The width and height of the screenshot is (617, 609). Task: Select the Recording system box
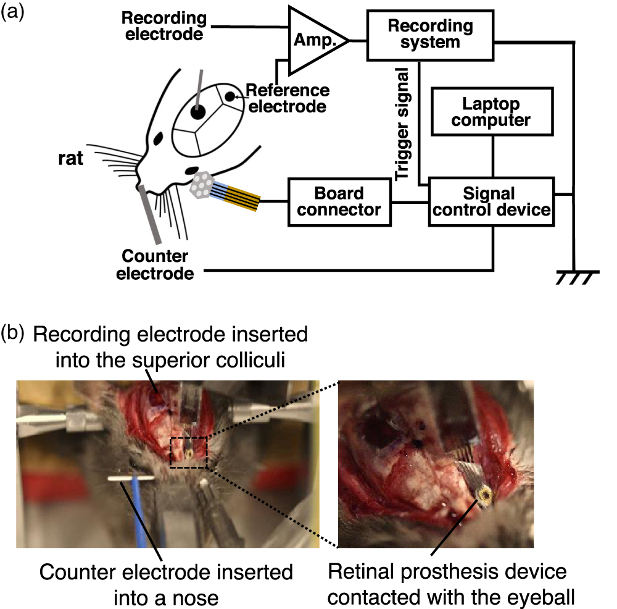click(431, 35)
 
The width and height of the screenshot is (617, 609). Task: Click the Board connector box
click(340, 201)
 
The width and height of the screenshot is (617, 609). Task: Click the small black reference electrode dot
click(230, 96)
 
